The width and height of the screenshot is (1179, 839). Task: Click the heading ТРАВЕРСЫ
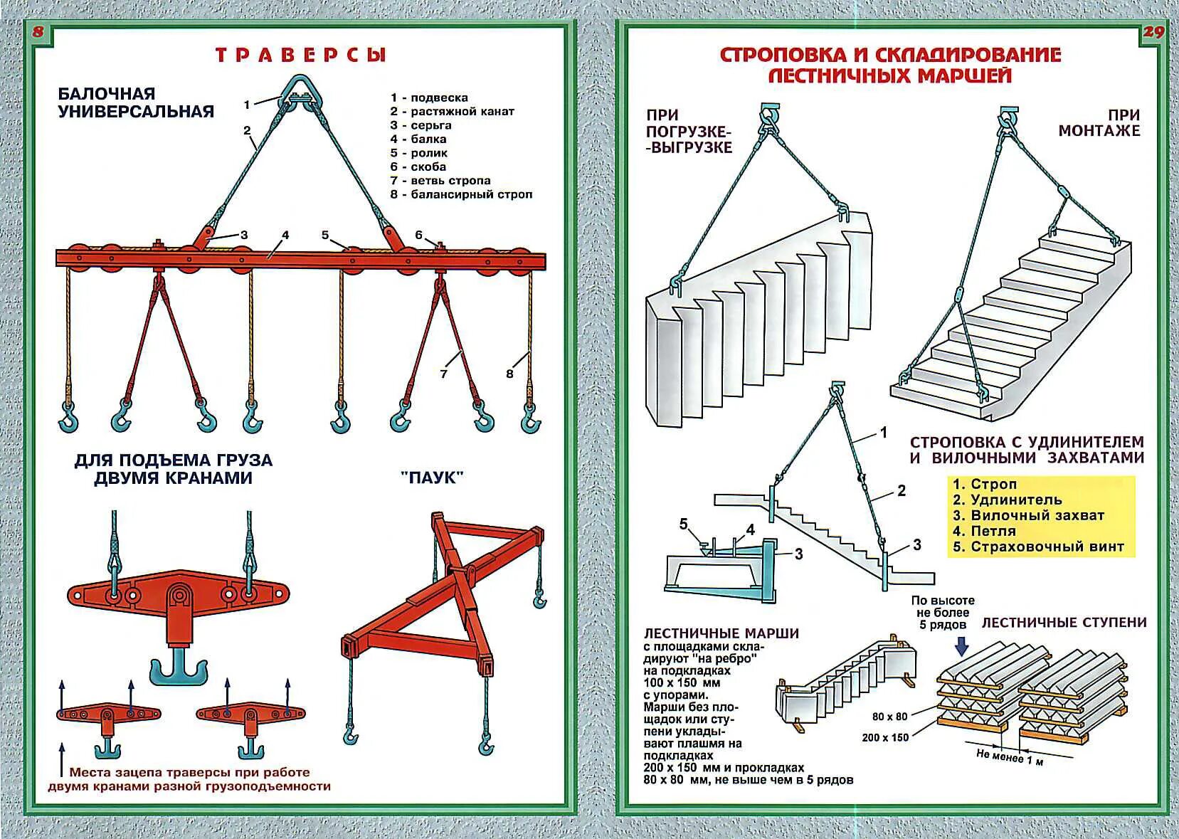coord(300,56)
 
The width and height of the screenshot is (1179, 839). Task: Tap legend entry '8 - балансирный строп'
coord(461,194)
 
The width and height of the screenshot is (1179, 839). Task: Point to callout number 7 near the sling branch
coord(444,373)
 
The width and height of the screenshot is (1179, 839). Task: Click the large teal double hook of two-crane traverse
coord(179,670)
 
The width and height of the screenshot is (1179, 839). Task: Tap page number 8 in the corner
coord(38,31)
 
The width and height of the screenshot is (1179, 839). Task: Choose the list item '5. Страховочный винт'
coord(1038,547)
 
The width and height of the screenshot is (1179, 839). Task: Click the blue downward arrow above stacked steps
coord(962,645)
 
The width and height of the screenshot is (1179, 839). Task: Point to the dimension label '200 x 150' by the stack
coord(885,737)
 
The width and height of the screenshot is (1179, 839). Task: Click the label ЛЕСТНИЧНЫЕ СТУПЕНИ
coord(1064,623)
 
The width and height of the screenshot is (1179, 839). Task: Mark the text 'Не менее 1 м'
coord(1010,757)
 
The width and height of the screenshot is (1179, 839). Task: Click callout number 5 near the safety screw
coord(684,524)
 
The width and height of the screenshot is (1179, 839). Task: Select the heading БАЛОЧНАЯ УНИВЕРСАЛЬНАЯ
coord(136,102)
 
